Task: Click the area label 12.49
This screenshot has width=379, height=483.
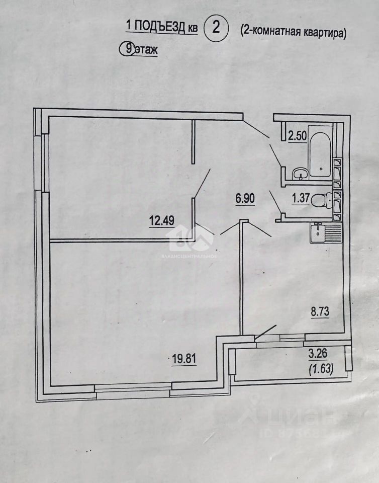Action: click(x=162, y=219)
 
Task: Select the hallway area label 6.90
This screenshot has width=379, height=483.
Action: click(x=245, y=198)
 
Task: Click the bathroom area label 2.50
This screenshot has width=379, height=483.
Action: click(x=297, y=136)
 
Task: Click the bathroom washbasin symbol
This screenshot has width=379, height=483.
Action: click(x=301, y=174)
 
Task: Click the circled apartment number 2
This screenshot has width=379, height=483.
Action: click(x=216, y=28)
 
